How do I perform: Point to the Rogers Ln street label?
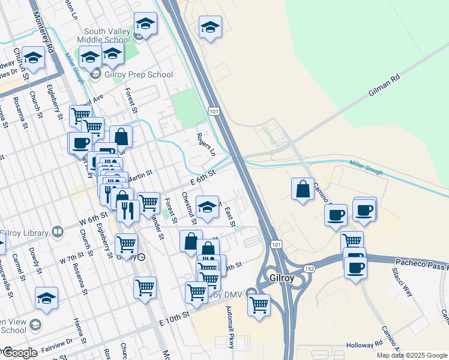point(206,145)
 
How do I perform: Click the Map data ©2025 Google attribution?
point(411,355)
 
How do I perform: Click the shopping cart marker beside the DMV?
point(259,304)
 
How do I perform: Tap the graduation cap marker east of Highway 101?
point(210,27)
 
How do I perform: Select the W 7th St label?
point(72,260)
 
